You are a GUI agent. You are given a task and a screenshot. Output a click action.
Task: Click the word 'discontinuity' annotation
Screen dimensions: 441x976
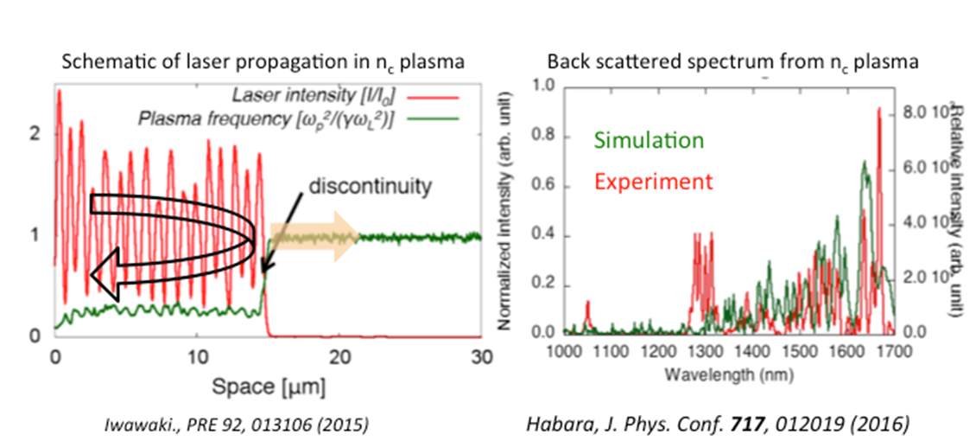click(372, 185)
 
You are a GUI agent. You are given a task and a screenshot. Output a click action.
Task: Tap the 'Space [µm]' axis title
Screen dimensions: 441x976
click(264, 388)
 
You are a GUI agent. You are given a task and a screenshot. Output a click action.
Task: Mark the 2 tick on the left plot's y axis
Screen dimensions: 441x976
click(35, 133)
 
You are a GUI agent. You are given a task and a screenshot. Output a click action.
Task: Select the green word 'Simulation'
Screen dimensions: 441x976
click(649, 140)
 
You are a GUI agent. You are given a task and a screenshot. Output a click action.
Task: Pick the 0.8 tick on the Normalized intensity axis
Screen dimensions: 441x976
click(542, 136)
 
